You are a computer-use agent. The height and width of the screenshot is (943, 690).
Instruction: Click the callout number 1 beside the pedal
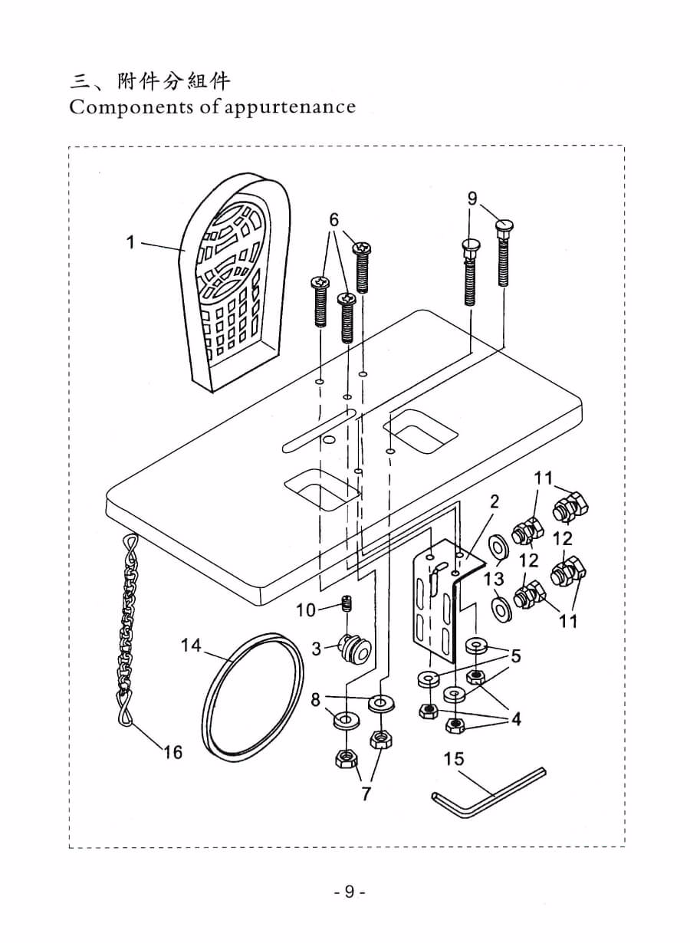(x=130, y=242)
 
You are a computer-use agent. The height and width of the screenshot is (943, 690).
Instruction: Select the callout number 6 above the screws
(x=334, y=219)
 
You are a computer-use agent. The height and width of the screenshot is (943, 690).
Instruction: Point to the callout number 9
(x=472, y=199)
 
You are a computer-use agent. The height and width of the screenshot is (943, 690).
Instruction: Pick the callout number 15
(x=454, y=758)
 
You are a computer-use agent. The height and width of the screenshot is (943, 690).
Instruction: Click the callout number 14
(x=191, y=646)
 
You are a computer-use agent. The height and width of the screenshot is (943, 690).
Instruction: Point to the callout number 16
(x=173, y=752)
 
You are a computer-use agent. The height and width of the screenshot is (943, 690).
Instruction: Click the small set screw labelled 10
(x=347, y=605)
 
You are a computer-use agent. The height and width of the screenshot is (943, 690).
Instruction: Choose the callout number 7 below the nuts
(x=366, y=793)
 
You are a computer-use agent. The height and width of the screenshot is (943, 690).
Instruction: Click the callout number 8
(x=315, y=699)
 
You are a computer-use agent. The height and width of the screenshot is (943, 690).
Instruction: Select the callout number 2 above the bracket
(x=495, y=501)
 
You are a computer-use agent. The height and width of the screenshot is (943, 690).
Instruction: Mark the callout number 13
(x=495, y=577)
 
